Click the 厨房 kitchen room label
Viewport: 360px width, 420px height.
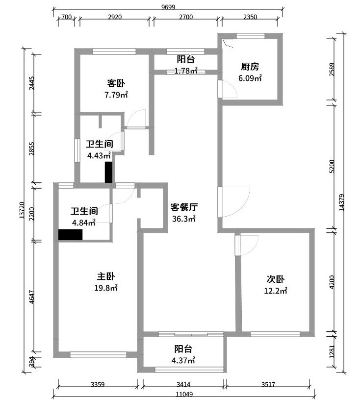(250, 67)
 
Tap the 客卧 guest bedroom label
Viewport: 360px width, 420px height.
(116, 82)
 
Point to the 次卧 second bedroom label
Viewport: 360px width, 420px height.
(276, 279)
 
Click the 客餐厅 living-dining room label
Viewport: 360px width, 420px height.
(184, 207)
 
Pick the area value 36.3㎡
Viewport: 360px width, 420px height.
(184, 219)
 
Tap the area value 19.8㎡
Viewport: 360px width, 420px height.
(106, 289)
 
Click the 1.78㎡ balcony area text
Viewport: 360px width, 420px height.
(185, 71)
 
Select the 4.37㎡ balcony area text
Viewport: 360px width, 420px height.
(183, 361)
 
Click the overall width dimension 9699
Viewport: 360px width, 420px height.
(168, 6)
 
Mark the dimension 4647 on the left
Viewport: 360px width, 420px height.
(32, 297)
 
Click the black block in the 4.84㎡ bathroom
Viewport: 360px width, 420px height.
(70, 235)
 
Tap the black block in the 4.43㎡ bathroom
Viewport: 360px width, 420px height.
(109, 172)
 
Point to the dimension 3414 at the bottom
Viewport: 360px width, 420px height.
(183, 385)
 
